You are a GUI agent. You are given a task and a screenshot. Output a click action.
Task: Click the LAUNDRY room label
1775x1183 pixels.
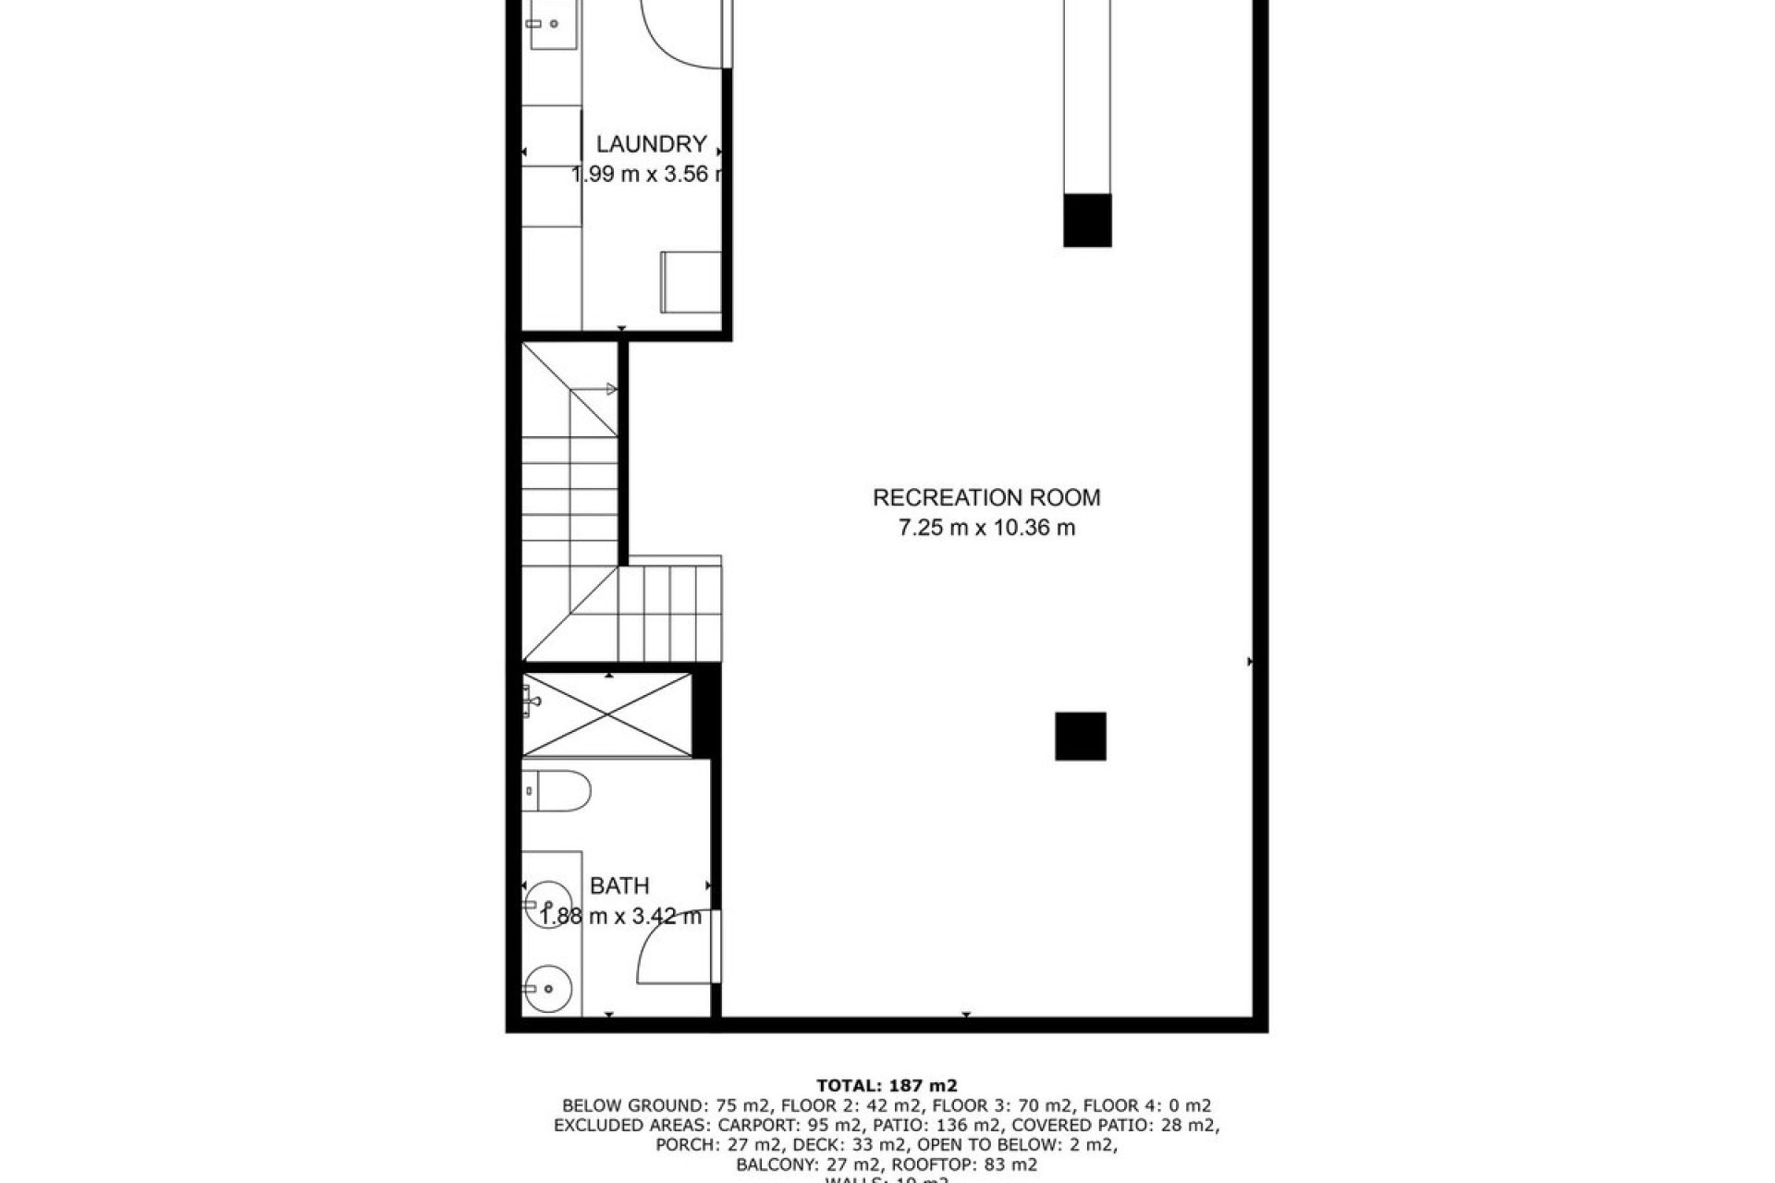tap(651, 144)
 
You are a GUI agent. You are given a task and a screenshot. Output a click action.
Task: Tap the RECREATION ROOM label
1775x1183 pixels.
tap(986, 498)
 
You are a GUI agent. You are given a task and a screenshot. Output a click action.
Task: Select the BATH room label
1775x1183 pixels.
tap(619, 886)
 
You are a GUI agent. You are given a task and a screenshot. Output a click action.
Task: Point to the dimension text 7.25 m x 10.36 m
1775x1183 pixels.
tap(986, 529)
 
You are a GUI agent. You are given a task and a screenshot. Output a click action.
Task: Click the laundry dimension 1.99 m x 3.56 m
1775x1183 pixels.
tap(647, 174)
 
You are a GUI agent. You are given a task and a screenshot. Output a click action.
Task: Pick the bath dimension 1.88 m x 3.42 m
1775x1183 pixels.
tap(620, 917)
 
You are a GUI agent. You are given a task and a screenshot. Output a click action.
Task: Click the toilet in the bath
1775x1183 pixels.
tap(556, 790)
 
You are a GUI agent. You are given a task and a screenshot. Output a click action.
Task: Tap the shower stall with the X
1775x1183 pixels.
tap(606, 715)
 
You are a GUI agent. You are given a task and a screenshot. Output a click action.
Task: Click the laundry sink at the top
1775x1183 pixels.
tap(552, 24)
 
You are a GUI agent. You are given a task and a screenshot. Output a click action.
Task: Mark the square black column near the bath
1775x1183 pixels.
tap(1081, 737)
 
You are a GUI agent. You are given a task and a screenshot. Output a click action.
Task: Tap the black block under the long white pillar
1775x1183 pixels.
tap(1087, 220)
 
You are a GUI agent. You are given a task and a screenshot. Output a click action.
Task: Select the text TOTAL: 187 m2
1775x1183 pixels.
tap(887, 1085)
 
